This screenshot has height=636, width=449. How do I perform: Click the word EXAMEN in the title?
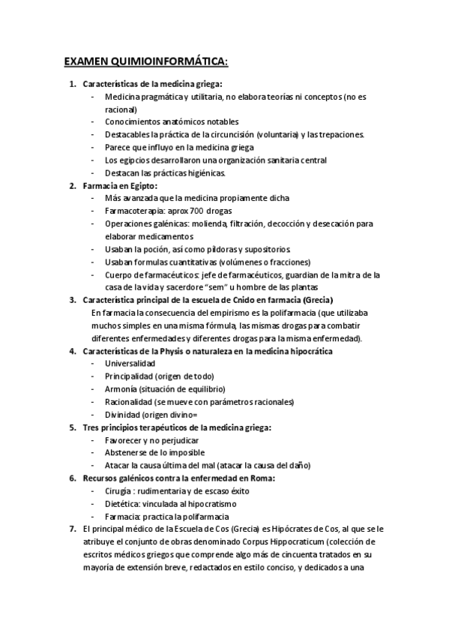point(84,60)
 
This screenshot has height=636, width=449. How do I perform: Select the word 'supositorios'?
point(266,249)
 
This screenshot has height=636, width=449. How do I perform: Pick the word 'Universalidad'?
point(130,363)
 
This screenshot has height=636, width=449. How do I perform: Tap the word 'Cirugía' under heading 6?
point(120,490)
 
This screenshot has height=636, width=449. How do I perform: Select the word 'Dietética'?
point(122,503)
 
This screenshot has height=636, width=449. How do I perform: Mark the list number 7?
point(72,529)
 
